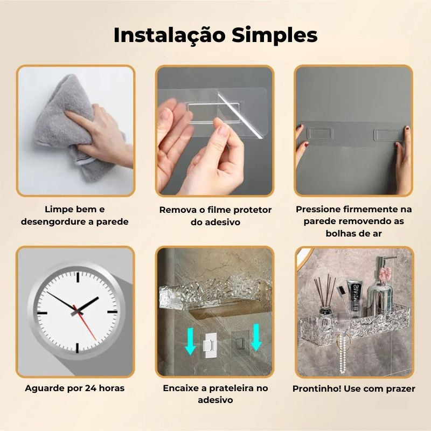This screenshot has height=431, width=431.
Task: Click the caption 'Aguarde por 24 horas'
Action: [75, 388]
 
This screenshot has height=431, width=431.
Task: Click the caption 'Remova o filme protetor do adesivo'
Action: [215, 215]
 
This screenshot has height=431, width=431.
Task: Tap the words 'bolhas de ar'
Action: [353, 233]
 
